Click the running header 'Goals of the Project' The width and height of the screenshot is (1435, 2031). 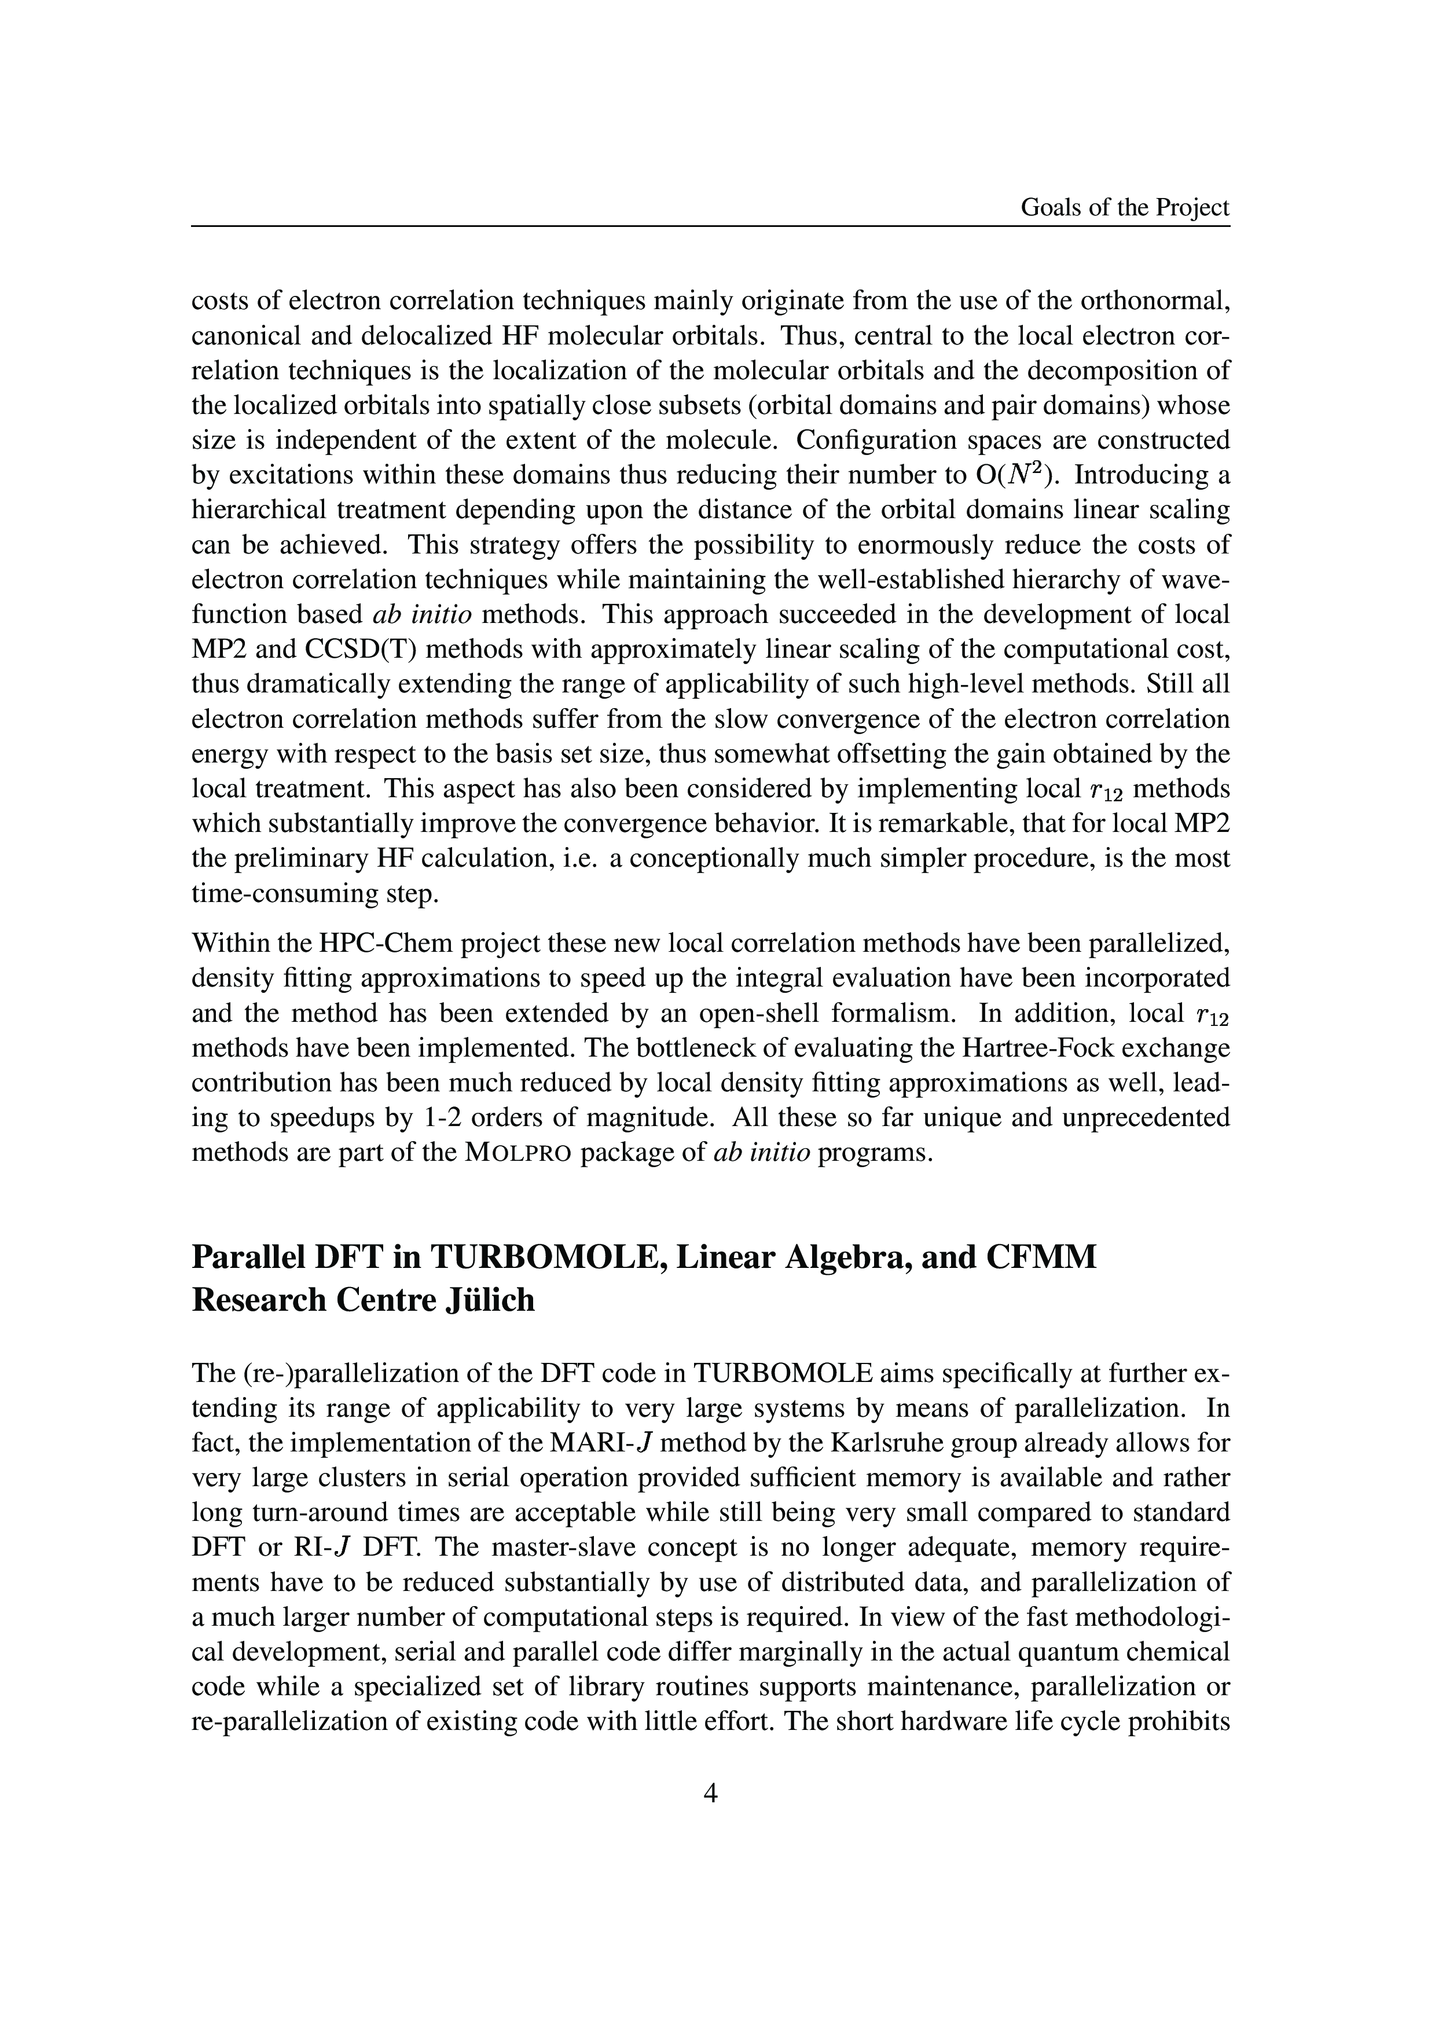pyautogui.click(x=1125, y=207)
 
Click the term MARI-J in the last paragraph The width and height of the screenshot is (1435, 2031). pyautogui.click(x=601, y=1443)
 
